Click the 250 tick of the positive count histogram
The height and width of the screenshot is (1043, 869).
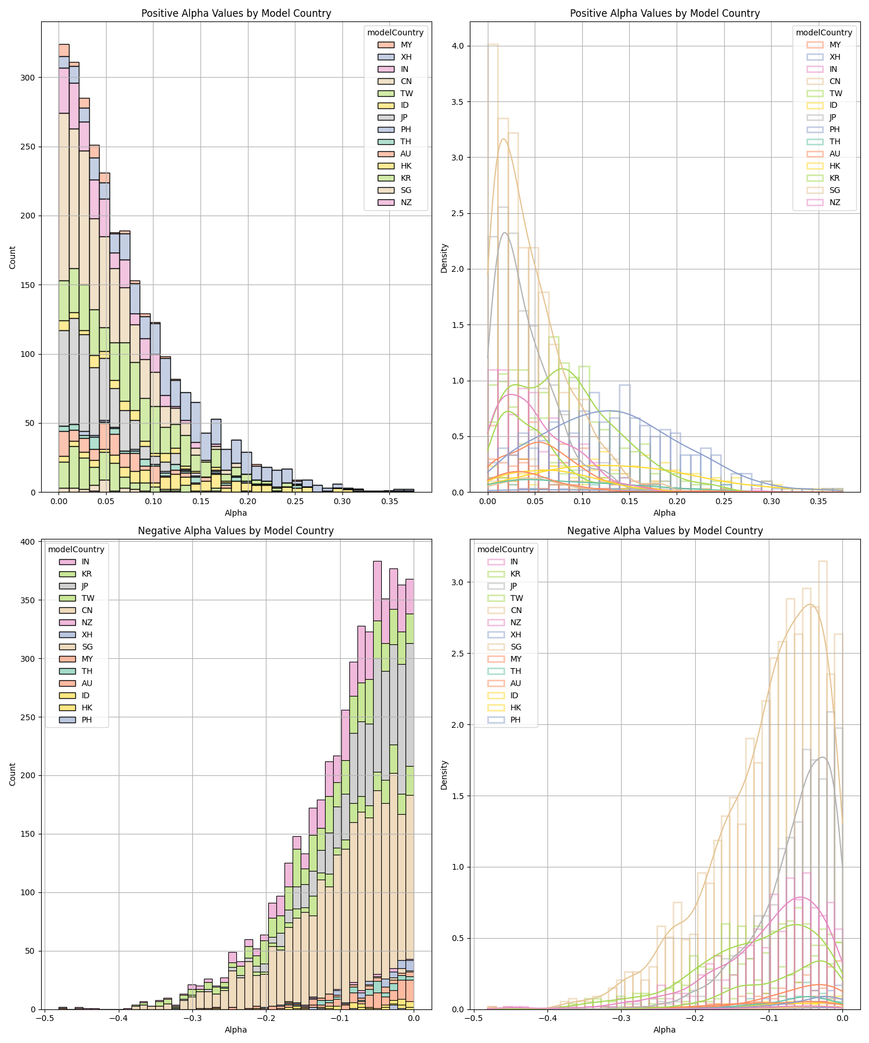[x=28, y=147]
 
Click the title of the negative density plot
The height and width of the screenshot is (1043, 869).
[x=664, y=531]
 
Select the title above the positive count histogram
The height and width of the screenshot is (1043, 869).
[x=236, y=13]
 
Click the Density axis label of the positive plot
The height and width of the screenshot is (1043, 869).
[x=444, y=257]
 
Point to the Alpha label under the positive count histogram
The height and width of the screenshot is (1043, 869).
[x=236, y=513]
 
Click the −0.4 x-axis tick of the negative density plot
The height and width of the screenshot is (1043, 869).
[x=547, y=1018]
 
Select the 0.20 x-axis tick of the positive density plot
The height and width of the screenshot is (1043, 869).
[x=677, y=501]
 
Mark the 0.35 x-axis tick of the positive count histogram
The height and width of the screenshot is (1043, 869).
[x=389, y=501]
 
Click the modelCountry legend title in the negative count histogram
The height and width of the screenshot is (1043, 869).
[x=76, y=549]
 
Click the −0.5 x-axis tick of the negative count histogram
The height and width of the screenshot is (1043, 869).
[x=45, y=1018]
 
